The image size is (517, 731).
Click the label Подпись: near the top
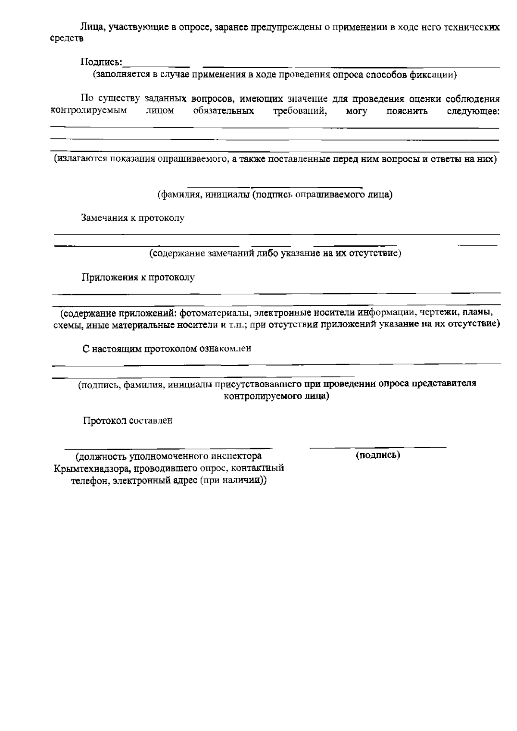(101, 62)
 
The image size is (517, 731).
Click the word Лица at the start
(90, 28)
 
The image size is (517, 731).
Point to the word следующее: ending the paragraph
(473, 111)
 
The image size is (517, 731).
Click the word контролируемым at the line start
(89, 110)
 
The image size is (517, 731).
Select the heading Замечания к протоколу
(133, 218)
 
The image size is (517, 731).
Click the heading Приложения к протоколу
(138, 277)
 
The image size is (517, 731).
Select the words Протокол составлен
(128, 420)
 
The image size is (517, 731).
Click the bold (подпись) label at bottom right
(378, 455)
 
